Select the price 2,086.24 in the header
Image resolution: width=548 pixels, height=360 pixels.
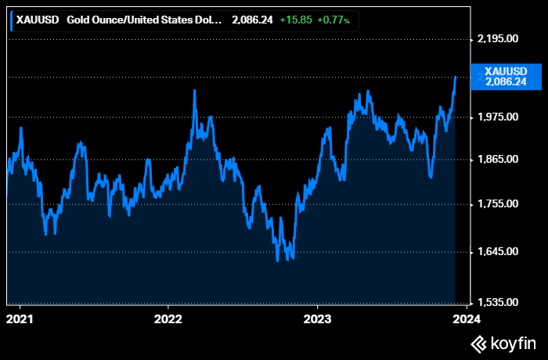[x=253, y=19]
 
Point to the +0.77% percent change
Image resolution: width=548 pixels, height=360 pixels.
[x=333, y=19]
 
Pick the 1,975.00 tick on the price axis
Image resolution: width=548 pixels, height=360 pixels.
[x=498, y=117]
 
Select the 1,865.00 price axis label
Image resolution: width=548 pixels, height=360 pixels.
[x=498, y=160]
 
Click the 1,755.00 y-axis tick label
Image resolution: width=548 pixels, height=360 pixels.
[x=498, y=204]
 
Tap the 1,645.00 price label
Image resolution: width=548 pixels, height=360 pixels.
[x=498, y=252]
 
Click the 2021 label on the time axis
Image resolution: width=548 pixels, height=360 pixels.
[x=20, y=319]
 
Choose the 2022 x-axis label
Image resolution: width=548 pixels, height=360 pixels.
[x=168, y=319]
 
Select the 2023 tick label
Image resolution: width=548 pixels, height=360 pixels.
[x=316, y=319]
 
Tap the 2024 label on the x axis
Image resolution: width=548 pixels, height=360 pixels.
[x=466, y=319]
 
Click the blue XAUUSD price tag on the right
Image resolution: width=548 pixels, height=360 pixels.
[x=505, y=76]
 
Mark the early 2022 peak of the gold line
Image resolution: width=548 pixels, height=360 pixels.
[x=194, y=91]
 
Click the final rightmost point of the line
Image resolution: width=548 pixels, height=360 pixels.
[x=456, y=77]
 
